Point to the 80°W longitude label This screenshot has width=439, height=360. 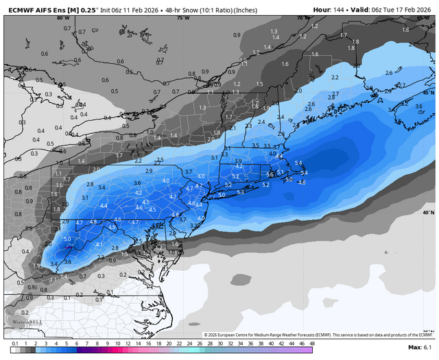63,19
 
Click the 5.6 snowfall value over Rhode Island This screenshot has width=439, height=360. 270,175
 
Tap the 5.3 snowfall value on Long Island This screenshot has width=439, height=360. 240,193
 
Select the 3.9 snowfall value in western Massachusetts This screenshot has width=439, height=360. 238,160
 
